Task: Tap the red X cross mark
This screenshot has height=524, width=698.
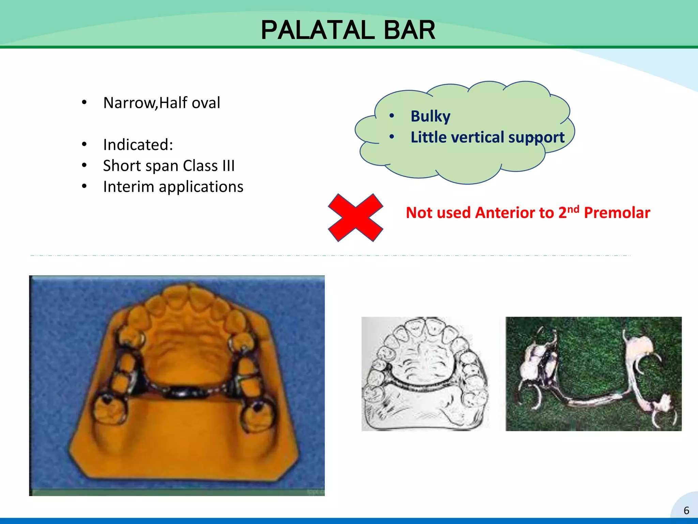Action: [355, 218]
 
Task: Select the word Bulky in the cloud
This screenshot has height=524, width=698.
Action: [430, 116]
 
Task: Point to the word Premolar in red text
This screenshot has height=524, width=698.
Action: [617, 213]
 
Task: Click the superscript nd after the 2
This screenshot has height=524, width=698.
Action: [573, 209]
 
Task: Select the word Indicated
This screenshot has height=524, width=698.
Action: [138, 145]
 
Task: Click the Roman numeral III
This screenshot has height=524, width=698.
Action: [228, 166]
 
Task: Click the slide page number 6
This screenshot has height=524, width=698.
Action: [686, 510]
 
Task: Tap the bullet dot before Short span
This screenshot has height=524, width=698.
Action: [84, 166]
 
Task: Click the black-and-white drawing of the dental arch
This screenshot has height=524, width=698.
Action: [425, 374]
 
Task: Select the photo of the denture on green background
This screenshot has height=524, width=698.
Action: [593, 374]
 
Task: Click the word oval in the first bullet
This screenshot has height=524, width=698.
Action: [206, 103]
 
